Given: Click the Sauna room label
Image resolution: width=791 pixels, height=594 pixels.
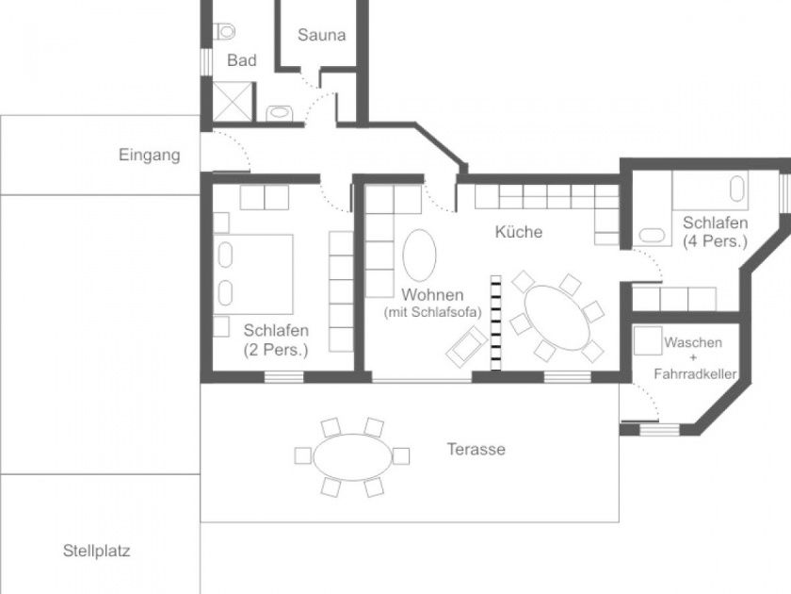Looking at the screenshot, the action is [x=321, y=35].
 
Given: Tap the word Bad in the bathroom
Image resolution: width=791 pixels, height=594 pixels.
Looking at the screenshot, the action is [x=242, y=60].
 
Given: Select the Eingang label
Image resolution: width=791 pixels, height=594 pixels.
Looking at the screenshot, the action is [x=150, y=155].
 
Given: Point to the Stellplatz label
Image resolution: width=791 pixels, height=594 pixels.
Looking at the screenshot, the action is [x=96, y=551].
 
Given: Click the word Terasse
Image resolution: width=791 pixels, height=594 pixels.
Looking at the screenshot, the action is [x=476, y=449].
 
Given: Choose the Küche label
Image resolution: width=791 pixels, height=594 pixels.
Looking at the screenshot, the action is [x=519, y=232].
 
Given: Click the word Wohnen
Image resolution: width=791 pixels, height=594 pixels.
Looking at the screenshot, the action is [x=432, y=294].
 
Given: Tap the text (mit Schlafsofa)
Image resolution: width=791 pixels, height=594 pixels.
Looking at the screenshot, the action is [x=433, y=312].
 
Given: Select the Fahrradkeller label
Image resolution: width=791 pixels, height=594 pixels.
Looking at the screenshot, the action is [x=695, y=374].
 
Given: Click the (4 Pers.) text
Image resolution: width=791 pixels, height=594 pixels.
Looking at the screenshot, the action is [x=715, y=241].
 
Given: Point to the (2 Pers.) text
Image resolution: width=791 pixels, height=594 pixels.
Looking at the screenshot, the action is [x=275, y=350].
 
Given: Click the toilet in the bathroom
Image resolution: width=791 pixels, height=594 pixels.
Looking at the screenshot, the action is [x=224, y=31].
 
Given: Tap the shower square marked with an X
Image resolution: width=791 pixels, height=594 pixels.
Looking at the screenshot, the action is [x=232, y=102].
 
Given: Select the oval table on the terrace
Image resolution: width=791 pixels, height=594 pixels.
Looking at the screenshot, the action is [x=352, y=457].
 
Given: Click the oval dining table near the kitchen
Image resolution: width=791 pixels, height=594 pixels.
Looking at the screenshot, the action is [x=557, y=317].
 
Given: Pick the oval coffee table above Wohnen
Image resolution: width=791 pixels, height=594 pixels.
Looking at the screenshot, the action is [x=419, y=256].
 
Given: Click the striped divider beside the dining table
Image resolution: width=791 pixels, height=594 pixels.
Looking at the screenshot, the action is [x=496, y=322].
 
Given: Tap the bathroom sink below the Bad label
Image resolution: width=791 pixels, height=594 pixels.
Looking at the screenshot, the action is [x=279, y=113].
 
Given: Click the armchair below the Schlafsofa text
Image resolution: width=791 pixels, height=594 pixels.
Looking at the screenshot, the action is [x=467, y=347].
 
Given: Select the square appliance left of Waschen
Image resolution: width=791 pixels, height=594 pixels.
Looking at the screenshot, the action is [x=648, y=341].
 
